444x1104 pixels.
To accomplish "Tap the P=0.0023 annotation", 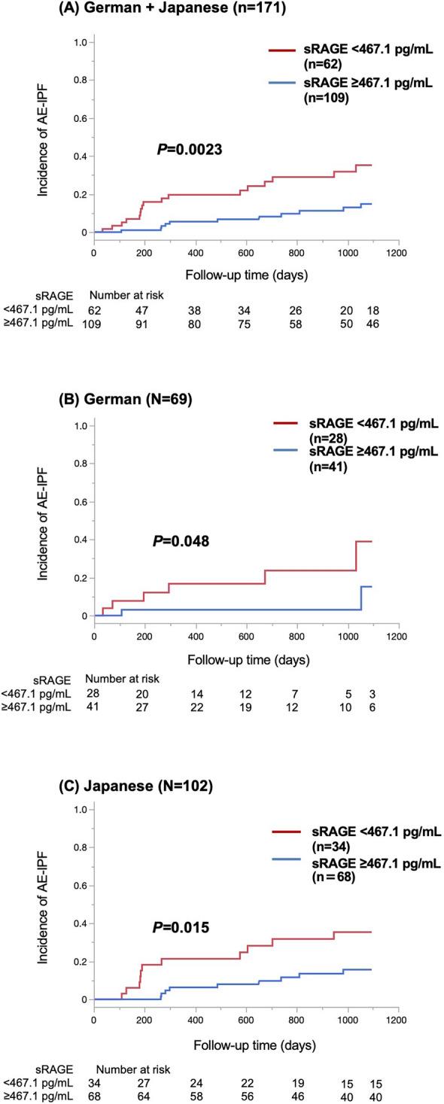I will click(187, 150).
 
